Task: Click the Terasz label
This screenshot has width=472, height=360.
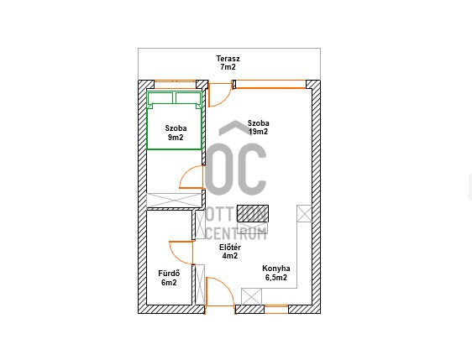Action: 228,59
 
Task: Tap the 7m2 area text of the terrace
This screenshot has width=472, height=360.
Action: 228,67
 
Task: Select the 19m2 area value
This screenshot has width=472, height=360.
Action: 259,132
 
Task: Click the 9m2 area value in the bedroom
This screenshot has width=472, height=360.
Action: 176,138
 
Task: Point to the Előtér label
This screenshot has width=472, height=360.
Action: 230,248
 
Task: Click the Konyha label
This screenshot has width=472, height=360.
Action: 276,269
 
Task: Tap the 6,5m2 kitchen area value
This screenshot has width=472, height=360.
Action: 276,277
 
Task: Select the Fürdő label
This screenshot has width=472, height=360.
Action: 169,274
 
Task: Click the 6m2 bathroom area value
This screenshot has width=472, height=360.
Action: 169,283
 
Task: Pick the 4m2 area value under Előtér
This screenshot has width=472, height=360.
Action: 230,256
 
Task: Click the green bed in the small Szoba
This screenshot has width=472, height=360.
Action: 174,120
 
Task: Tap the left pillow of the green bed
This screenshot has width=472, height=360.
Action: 160,97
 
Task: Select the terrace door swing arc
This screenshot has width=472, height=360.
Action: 225,100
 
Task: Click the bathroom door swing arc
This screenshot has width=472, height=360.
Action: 175,257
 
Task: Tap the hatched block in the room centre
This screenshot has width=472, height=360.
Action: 253,213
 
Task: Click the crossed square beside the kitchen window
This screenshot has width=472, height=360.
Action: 251,297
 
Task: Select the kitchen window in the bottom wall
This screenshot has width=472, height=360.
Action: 276,309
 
